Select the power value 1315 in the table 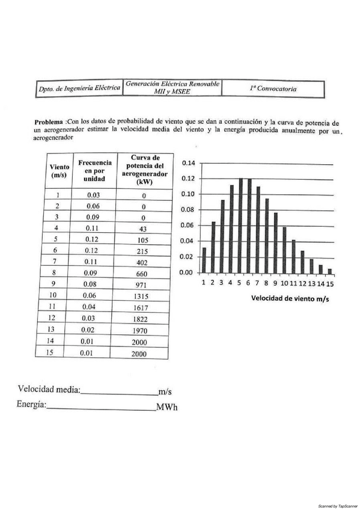tap(138, 295)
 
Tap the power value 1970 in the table tap(138, 331)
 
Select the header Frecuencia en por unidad tap(94, 171)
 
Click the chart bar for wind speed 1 tap(204, 260)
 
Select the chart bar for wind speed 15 tap(329, 271)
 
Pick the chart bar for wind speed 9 tap(275, 242)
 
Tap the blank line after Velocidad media tap(118, 391)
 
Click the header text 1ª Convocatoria tap(273, 88)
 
